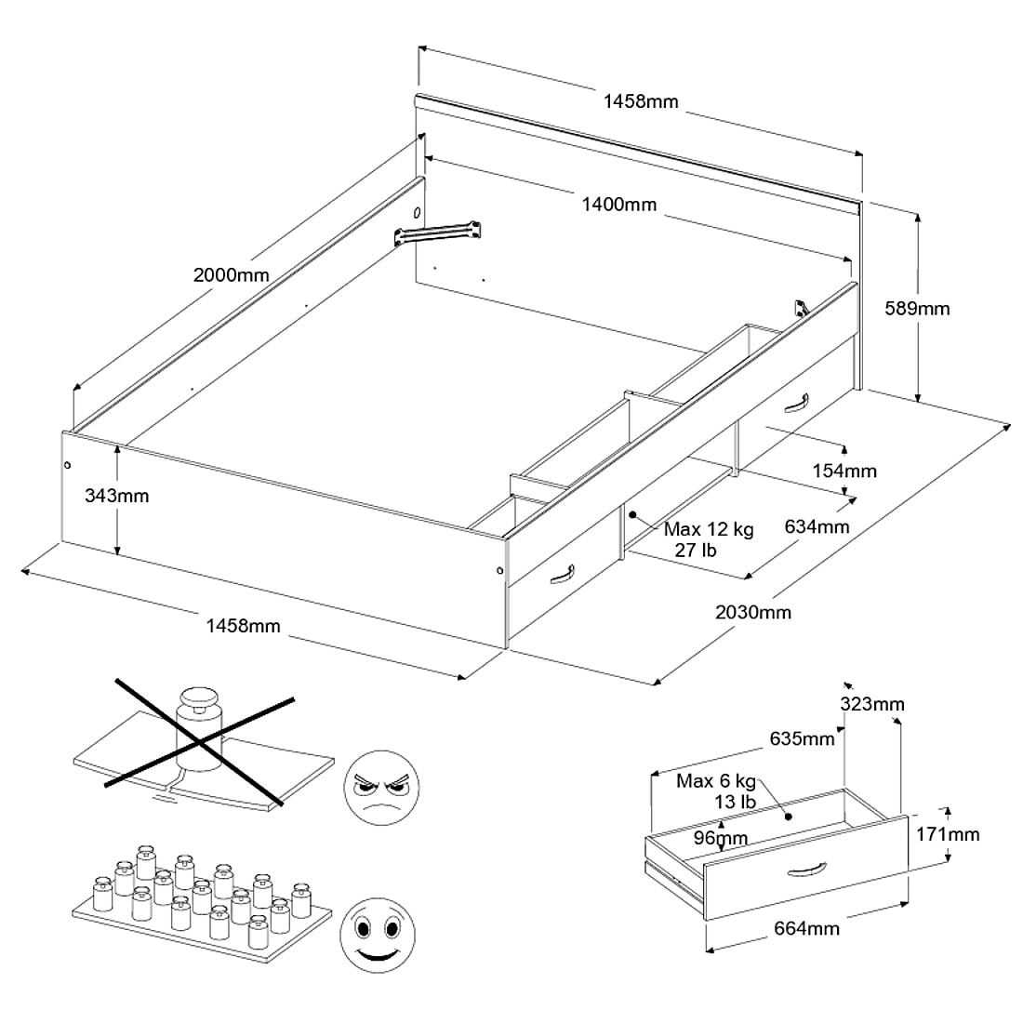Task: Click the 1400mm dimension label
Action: click(618, 206)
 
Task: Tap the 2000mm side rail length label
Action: click(231, 275)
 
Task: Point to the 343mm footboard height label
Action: click(116, 496)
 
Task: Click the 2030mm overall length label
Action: click(753, 612)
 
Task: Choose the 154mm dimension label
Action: click(844, 472)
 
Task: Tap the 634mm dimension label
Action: click(817, 527)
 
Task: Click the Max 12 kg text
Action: click(709, 530)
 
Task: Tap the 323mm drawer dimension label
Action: click(871, 704)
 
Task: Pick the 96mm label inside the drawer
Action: click(722, 838)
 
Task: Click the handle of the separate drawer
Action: click(805, 870)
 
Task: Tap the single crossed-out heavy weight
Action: click(198, 711)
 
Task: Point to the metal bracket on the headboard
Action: click(438, 232)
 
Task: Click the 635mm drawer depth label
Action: click(802, 740)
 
